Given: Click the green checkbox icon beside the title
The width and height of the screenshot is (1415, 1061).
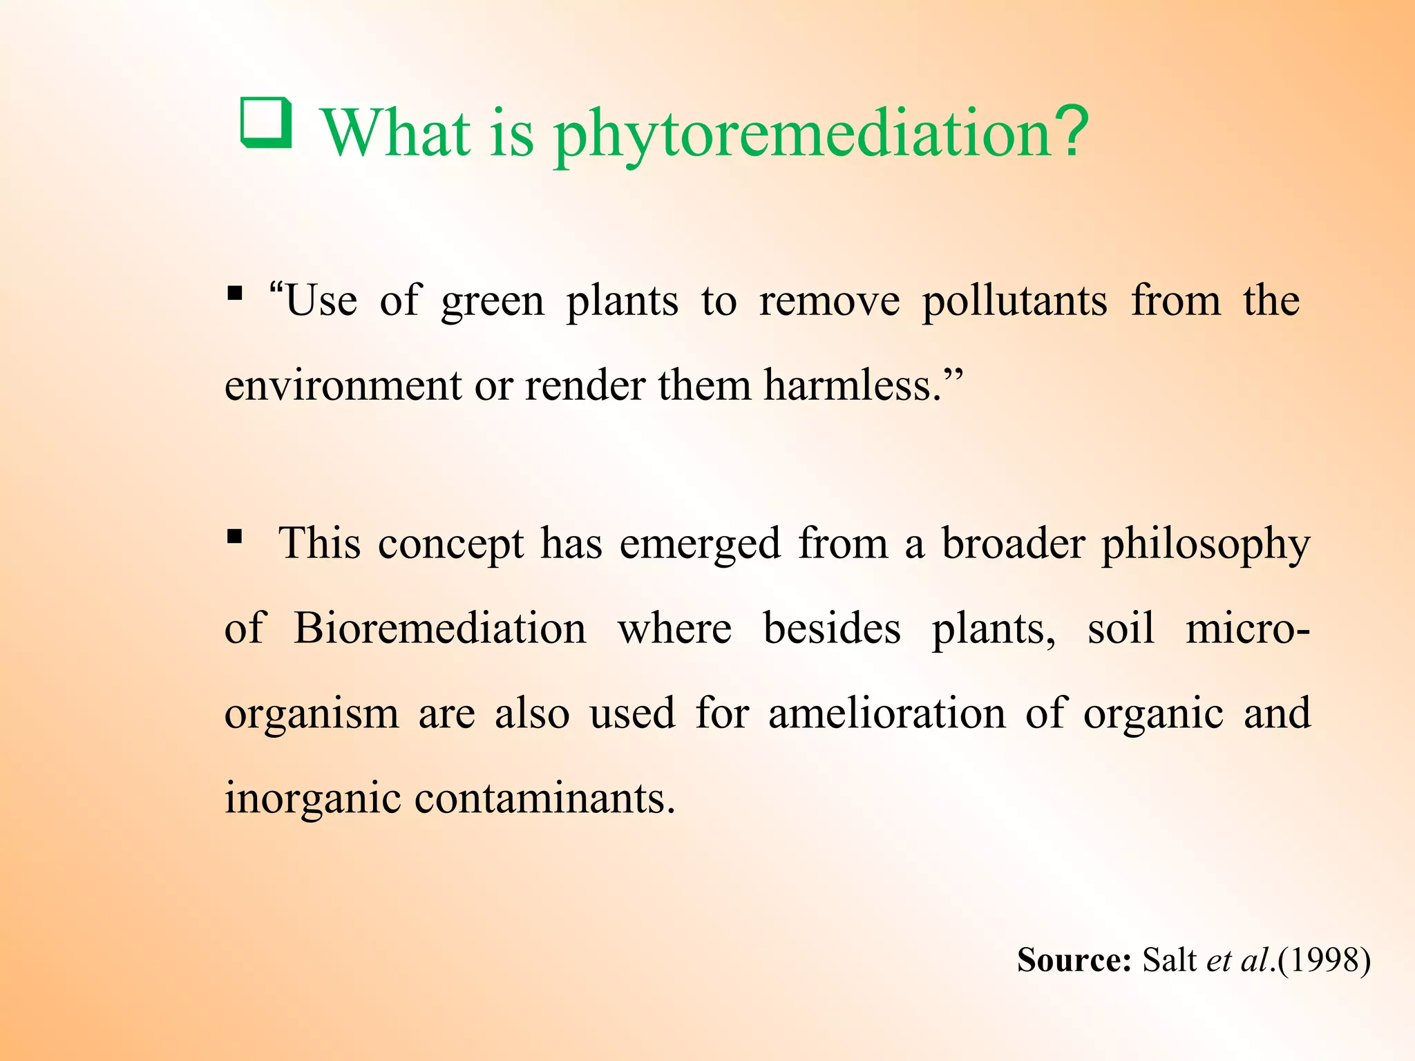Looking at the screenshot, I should click(266, 123).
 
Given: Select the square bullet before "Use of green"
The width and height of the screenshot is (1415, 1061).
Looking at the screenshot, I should click(235, 294).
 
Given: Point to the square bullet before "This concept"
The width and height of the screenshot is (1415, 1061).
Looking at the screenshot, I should click(235, 535).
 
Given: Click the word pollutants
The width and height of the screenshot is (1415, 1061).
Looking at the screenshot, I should click(1015, 301).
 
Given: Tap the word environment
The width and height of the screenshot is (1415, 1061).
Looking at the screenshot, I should click(343, 385).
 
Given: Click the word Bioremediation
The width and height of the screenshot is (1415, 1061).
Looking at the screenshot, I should click(440, 629).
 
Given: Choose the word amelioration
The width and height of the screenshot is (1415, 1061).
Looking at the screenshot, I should click(886, 714).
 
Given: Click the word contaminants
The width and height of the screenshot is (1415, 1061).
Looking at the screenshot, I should click(544, 799).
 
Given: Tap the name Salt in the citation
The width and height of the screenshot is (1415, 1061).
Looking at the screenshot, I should click(1169, 960).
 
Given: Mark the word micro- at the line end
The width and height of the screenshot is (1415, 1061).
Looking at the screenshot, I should click(1247, 629).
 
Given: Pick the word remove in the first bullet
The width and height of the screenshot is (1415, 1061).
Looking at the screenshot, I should click(829, 301).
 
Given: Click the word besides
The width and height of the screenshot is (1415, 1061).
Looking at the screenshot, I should click(832, 629).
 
